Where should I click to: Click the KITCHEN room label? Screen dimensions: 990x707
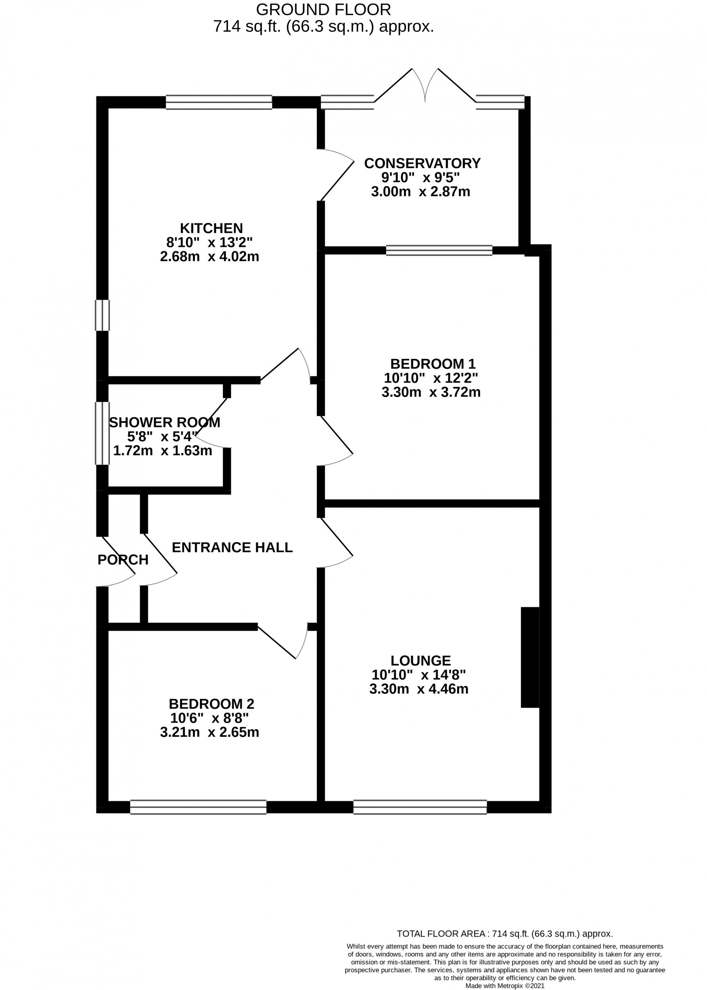point(211,228)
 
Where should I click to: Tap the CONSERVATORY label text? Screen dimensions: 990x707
point(422,163)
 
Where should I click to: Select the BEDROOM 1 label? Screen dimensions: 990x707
point(433,363)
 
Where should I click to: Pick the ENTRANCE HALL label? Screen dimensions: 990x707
point(232,547)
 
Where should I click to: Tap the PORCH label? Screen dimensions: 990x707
point(123,559)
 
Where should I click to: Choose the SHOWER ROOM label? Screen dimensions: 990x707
point(165,422)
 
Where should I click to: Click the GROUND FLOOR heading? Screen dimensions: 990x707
point(323,9)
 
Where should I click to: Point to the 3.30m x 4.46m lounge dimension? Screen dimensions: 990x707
point(419,689)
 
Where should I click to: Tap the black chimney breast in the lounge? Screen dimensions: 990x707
point(530,657)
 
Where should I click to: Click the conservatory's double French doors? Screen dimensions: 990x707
point(425,87)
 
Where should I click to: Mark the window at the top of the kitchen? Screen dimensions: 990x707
point(219,102)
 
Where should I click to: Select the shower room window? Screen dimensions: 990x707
point(102,433)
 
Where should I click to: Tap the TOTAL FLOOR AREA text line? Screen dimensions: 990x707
point(504,933)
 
